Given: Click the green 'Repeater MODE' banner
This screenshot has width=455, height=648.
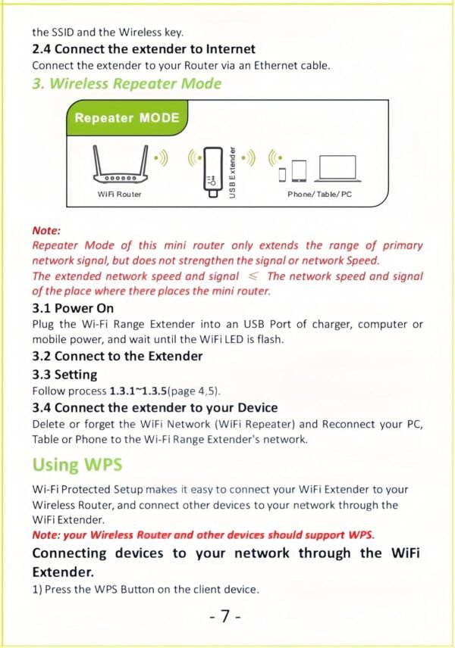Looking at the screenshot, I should coord(127,117).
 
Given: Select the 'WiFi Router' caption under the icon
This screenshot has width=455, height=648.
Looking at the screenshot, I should coord(120,195).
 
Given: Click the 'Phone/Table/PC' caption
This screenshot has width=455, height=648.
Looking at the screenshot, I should coord(319,195).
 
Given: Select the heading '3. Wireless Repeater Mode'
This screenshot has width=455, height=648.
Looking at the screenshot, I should coord(127,83).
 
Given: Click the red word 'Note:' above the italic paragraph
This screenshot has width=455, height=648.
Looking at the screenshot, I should coord(46,230).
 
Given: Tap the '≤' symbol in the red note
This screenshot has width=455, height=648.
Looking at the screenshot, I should coord(252,276).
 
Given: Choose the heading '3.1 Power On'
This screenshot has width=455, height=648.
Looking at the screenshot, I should coord(73,308).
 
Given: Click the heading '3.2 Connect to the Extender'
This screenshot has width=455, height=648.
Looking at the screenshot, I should coord(117,356).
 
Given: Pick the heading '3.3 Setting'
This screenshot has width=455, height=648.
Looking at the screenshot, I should coord(64,374).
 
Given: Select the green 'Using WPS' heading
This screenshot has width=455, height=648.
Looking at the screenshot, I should coord(77,464).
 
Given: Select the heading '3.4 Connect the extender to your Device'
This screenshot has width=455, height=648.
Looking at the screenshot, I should coord(155,407).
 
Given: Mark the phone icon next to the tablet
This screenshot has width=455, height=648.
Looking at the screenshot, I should coord(283,173).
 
